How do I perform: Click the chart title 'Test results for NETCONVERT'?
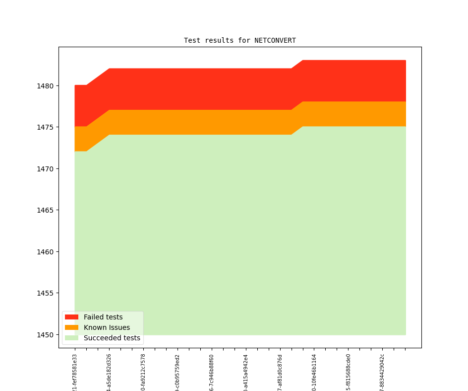tap(239, 40)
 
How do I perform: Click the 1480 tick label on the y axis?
tap(46, 86)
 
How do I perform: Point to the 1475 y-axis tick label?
tap(46, 127)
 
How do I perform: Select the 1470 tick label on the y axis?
tap(46, 169)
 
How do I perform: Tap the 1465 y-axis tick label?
tap(46, 210)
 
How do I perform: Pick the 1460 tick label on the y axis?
tap(46, 252)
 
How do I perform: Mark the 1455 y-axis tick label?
tap(46, 293)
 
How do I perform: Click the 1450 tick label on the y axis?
tap(46, 335)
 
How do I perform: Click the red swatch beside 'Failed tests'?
tap(71, 317)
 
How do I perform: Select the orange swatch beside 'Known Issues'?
tap(71, 327)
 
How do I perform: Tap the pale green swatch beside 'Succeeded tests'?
tap(71, 338)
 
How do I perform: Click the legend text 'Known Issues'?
tap(107, 327)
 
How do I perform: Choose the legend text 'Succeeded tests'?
tap(112, 338)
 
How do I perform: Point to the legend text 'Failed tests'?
tap(103, 317)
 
